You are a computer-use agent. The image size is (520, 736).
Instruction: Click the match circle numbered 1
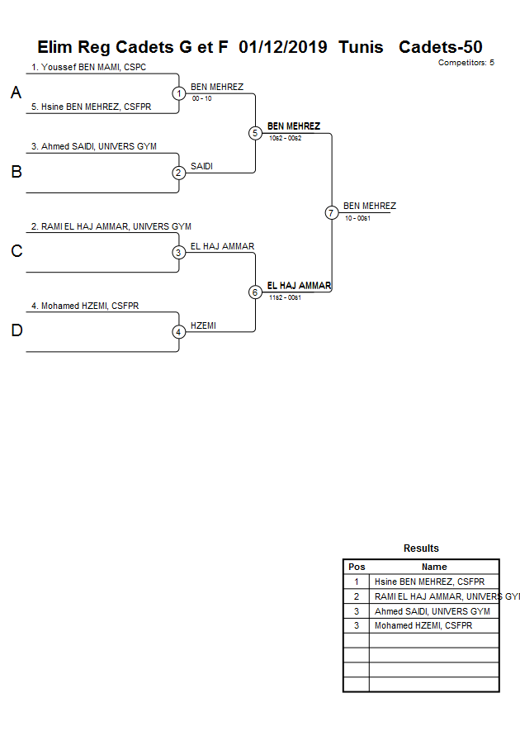179,93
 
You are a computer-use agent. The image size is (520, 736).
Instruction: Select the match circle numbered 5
255,133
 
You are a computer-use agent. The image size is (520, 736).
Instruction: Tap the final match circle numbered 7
331,212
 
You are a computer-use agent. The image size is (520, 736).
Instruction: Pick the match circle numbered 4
179,332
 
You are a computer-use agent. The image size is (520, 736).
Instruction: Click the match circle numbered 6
255,292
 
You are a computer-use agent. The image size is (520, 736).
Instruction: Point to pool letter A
16,93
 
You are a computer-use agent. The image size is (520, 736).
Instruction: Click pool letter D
16,331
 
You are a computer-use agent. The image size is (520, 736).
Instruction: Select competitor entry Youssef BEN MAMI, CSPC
88,67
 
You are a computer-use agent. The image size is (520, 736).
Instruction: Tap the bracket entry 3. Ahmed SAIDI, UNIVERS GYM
93,146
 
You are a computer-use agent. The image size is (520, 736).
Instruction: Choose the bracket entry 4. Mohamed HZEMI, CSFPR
85,306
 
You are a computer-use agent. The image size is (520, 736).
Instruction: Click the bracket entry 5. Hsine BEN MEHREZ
91,107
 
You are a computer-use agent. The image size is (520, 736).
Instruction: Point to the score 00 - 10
202,98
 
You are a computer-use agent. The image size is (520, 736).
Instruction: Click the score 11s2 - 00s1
285,297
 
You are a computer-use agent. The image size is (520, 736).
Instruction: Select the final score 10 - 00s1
357,218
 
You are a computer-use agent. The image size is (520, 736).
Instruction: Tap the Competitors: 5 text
466,62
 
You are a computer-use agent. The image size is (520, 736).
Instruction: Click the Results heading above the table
421,548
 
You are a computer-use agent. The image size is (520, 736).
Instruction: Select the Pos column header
357,567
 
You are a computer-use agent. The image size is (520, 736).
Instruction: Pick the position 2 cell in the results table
357,596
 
